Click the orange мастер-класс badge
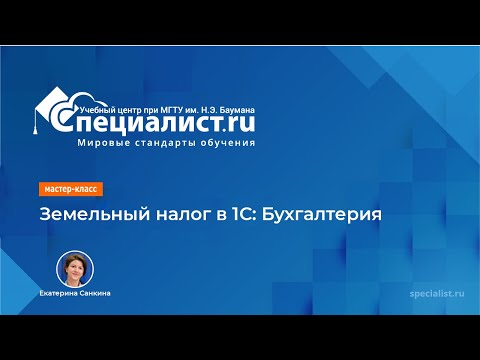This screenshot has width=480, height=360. tap(71, 189)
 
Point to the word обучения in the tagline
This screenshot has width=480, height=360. tap(227, 142)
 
